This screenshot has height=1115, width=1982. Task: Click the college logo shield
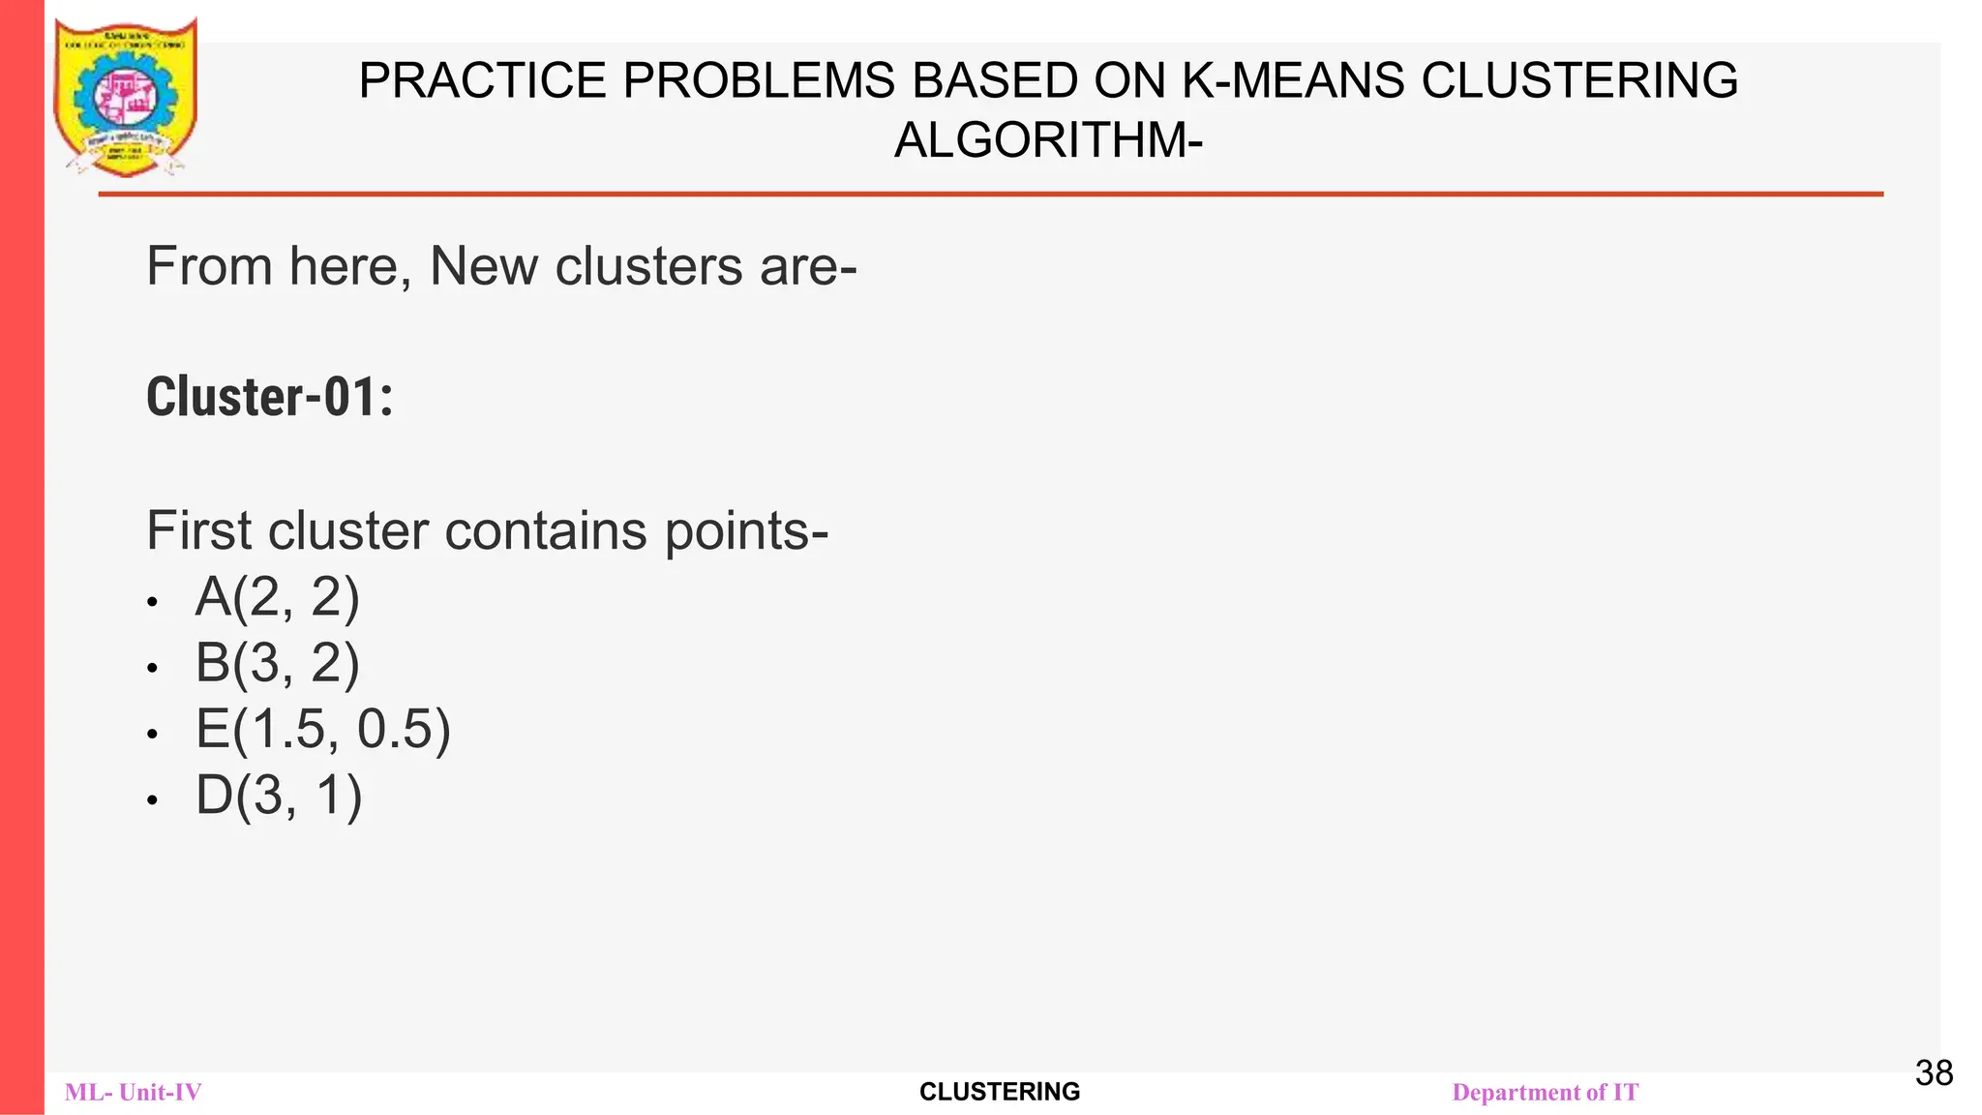[126, 97]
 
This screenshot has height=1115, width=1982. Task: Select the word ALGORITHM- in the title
[1048, 140]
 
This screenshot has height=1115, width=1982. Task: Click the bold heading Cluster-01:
[270, 398]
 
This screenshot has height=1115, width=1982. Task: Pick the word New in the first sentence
[483, 266]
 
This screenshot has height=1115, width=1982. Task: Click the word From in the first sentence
[208, 266]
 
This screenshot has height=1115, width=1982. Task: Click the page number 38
[1934, 1073]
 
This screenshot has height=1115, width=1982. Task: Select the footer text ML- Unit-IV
[134, 1093]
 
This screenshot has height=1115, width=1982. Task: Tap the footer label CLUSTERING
[1000, 1092]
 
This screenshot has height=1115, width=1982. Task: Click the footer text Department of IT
[1546, 1093]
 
